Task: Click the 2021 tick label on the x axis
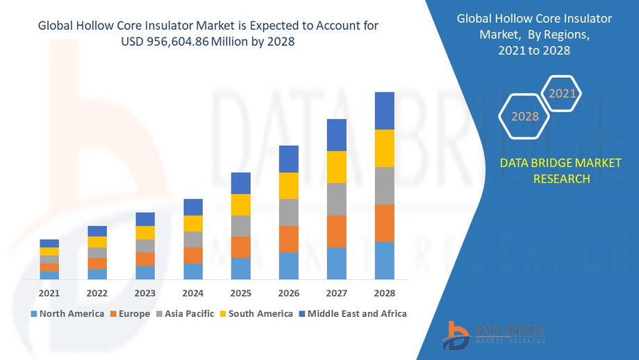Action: [49, 293]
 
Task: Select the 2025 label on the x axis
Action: [240, 293]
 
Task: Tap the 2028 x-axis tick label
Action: [384, 293]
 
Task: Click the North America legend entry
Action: [67, 313]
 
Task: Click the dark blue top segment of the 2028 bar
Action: [384, 111]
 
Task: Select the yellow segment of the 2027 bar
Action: [336, 167]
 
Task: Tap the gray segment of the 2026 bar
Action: [288, 212]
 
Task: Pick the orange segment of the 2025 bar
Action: [240, 247]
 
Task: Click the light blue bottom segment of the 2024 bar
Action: [193, 271]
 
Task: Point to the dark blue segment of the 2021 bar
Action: [49, 243]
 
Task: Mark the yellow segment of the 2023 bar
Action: [145, 233]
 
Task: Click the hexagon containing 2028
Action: [525, 116]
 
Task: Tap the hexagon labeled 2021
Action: [562, 93]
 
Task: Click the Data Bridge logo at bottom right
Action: [494, 333]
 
